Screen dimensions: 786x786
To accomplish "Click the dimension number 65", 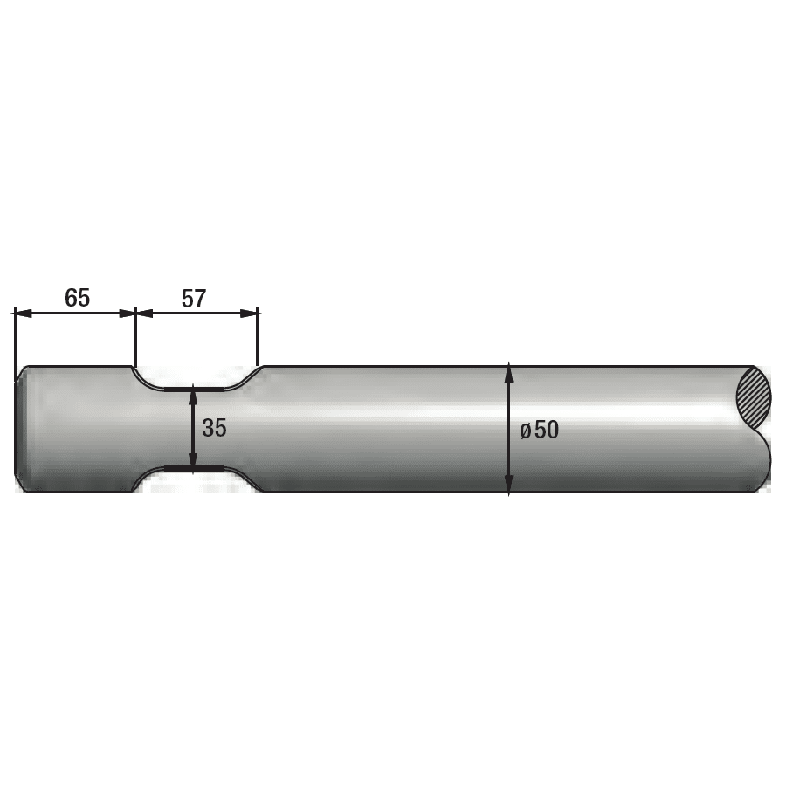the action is pyautogui.click(x=77, y=298).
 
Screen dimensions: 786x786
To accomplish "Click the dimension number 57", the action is pyautogui.click(x=194, y=299).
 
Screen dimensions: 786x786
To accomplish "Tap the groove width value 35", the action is pyautogui.click(x=214, y=428).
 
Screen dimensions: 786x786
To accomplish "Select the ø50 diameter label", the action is pyautogui.click(x=540, y=430).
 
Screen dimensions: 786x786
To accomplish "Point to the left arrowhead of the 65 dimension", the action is pyautogui.click(x=22, y=314).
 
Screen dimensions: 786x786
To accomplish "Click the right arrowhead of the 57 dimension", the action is pyautogui.click(x=249, y=314).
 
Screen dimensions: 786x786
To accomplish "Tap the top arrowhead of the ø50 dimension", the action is pyautogui.click(x=509, y=372).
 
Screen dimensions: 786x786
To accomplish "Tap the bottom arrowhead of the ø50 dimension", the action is pyautogui.click(x=509, y=486).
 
